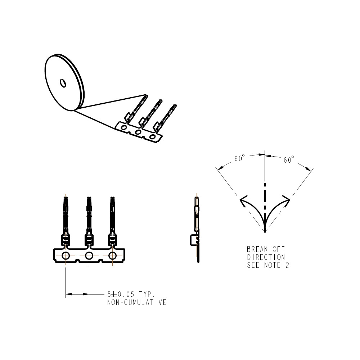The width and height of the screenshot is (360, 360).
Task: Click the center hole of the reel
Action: pos(63,83)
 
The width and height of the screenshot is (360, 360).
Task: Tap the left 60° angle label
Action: pos(239,158)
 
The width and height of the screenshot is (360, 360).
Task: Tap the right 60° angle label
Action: pos(289,159)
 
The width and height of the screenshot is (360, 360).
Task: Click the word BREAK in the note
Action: pos(257,249)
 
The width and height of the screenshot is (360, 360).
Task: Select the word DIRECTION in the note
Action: pos(266,257)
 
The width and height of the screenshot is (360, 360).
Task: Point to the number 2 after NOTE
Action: pos(287,265)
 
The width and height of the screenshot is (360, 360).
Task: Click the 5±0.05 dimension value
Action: pos(121,294)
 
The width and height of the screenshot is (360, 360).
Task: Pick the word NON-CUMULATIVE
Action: pos(137,302)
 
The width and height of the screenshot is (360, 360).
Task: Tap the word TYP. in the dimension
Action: pos(147,294)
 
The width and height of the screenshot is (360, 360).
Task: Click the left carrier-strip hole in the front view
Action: pos(66,256)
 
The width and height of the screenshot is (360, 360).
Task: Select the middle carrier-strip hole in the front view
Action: pos(89,256)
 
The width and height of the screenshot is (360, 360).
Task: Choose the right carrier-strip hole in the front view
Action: pos(112,256)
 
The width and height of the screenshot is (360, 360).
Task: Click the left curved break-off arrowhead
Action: pos(243,201)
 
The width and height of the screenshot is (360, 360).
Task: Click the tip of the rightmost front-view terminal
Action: pos(112,197)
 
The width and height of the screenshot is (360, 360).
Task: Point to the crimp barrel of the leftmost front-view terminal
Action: pos(66,240)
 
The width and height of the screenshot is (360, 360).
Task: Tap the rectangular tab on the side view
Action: pos(193,240)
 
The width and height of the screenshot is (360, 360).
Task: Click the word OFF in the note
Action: pos(279,249)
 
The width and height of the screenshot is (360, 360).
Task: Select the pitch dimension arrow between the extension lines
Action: pos(77,294)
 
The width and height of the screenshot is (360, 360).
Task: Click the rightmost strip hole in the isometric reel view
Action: pos(152,137)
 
